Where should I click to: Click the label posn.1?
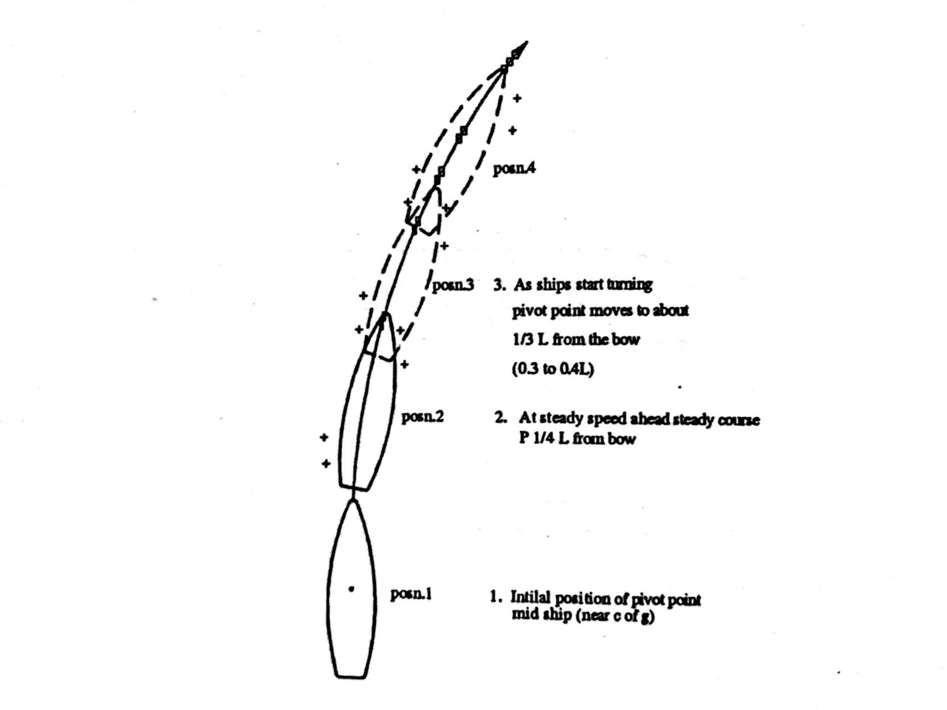click(411, 595)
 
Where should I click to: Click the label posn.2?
click(422, 417)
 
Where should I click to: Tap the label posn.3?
click(453, 285)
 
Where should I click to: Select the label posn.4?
click(514, 169)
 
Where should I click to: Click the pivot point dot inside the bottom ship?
click(351, 589)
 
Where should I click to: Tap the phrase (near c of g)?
click(615, 616)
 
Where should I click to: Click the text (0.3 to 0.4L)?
click(552, 370)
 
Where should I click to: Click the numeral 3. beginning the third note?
click(500, 285)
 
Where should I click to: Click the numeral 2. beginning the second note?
click(501, 418)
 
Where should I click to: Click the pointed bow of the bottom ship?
click(353, 501)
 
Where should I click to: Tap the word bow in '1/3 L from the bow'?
click(626, 340)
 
